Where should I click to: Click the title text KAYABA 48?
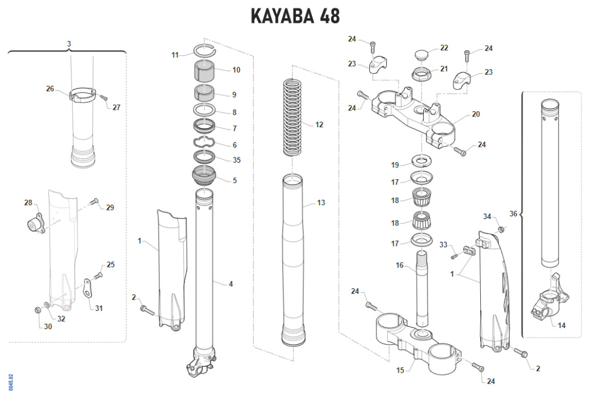click(x=295, y=16)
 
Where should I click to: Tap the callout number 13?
click(x=321, y=203)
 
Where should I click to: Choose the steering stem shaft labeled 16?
click(x=423, y=290)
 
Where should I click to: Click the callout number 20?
click(x=475, y=114)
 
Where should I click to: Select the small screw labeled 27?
click(x=104, y=98)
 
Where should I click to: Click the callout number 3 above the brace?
click(x=69, y=43)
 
